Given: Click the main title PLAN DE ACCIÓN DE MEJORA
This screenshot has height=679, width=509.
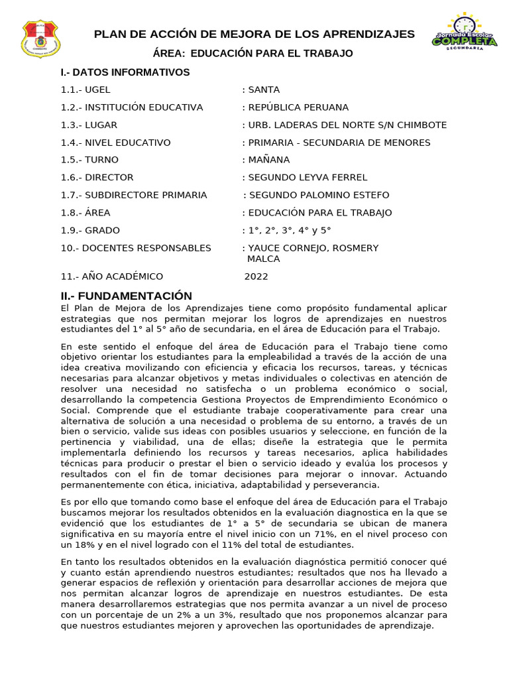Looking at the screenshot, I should tap(254, 34).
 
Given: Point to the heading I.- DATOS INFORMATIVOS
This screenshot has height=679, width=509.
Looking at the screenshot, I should tap(125, 72).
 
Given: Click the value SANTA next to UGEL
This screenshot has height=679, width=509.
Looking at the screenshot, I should tap(264, 90).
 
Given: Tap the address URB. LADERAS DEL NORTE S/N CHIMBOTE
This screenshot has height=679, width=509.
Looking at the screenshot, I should tap(347, 125).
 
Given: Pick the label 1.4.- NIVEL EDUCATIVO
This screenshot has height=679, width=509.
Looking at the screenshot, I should tap(116, 143).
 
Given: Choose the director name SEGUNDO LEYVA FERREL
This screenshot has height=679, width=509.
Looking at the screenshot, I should tap(308, 178).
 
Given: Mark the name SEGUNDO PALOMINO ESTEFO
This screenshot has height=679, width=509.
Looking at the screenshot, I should tap(319, 195).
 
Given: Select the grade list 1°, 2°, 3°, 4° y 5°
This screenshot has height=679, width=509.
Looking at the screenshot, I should tap(289, 231).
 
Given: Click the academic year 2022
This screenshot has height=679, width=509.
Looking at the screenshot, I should tap(256, 277).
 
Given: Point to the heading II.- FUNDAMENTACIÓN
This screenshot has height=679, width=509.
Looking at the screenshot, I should tap(127, 296).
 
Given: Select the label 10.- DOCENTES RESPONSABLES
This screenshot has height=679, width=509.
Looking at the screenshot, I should tap(136, 248).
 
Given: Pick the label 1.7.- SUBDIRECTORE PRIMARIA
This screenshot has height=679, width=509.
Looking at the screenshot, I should tap(134, 195).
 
